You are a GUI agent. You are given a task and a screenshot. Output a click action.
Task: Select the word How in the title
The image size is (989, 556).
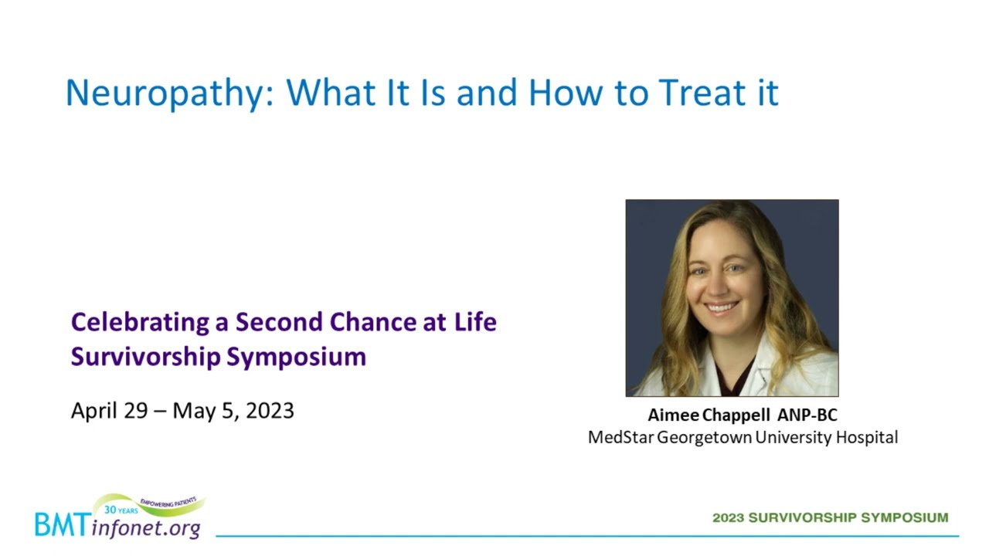click(x=566, y=92)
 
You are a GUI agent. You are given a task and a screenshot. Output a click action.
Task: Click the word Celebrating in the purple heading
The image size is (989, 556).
click(x=141, y=323)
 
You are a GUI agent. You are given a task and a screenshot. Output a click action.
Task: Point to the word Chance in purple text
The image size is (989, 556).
click(x=373, y=322)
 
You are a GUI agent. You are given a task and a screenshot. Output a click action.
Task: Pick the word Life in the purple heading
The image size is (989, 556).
click(x=475, y=322)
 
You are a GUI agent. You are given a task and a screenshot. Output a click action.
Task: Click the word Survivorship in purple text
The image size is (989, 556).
click(x=146, y=358)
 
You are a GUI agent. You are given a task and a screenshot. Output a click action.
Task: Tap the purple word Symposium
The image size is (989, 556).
click(x=297, y=358)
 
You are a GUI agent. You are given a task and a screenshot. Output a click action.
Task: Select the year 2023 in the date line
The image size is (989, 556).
click(x=270, y=411)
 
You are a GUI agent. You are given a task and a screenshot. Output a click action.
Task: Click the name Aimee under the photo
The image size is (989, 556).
click(x=673, y=415)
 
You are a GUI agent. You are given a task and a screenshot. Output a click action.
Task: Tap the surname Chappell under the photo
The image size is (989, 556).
click(x=736, y=415)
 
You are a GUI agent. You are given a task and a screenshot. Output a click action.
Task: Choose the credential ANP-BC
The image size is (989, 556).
click(x=807, y=415)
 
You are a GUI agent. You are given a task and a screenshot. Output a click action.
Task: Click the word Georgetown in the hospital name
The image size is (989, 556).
click(x=704, y=438)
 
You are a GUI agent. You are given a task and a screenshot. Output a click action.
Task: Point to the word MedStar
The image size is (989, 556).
click(x=620, y=438)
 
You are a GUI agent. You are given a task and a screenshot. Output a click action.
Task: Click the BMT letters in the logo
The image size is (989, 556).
click(x=63, y=525)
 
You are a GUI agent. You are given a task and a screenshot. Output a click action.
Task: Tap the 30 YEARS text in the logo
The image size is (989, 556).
click(x=121, y=510)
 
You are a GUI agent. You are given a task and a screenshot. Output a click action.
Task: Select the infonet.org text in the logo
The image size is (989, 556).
click(x=146, y=527)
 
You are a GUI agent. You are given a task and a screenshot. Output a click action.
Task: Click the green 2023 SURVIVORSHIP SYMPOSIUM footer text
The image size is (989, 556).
click(x=831, y=517)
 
